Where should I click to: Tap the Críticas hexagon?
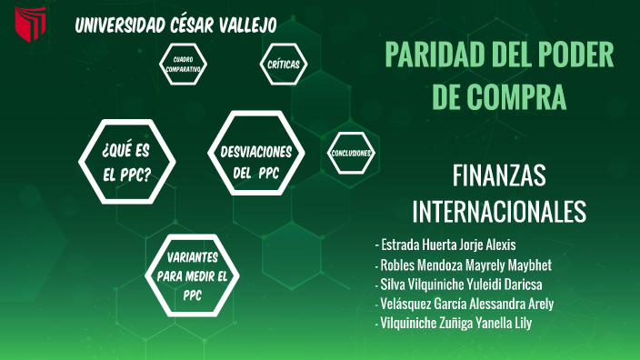[284, 64]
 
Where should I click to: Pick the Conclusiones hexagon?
[351, 153]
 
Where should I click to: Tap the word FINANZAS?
[498, 175]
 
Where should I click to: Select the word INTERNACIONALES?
[499, 211]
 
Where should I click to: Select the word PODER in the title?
[573, 55]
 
